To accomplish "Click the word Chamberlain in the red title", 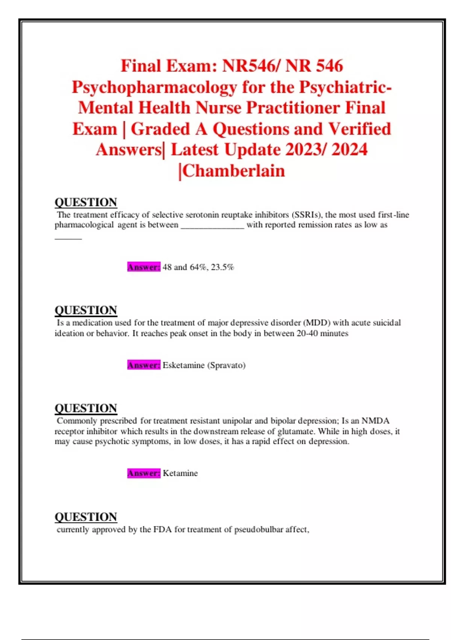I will tap(234, 171).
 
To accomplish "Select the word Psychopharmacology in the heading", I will tap(154, 87).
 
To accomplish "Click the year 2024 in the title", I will tap(349, 149).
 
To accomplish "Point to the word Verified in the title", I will tap(360, 129).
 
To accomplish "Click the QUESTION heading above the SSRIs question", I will tap(86, 202).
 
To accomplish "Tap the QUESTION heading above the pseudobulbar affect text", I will tap(86, 517).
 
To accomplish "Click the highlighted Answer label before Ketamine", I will tap(144, 473).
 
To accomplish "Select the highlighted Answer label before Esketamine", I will tap(144, 365).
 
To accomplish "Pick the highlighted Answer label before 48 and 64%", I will tap(144, 267).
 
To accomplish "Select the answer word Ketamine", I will tap(180, 473).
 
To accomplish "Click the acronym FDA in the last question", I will tap(162, 529).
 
